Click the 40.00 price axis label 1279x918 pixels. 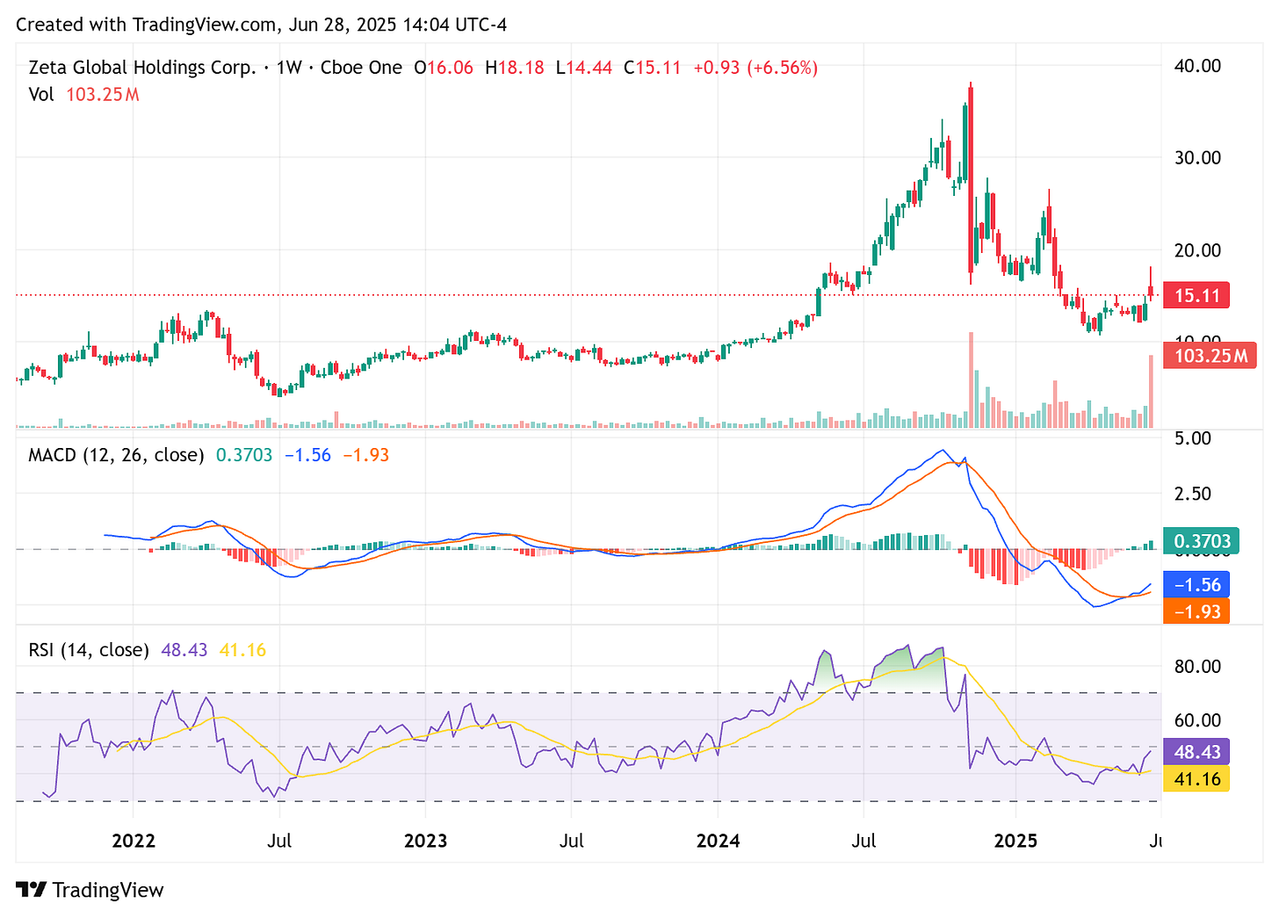[x=1198, y=66]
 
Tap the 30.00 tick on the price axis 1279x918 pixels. [x=1198, y=158]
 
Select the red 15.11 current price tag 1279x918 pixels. [x=1196, y=295]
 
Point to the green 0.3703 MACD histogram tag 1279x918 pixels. [x=1202, y=541]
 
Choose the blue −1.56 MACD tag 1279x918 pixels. [x=1196, y=585]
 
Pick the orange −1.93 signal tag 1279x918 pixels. [x=1196, y=611]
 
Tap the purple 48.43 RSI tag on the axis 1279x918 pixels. [x=1196, y=752]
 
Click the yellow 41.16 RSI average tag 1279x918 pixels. [x=1196, y=779]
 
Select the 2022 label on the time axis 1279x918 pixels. [x=134, y=842]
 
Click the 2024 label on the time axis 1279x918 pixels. [x=718, y=842]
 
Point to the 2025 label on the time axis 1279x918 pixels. [x=1015, y=842]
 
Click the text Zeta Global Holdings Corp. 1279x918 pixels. [x=142, y=68]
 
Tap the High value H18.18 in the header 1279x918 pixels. [x=515, y=68]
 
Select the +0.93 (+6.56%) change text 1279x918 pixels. [x=755, y=68]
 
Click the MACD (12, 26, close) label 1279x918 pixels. [x=116, y=455]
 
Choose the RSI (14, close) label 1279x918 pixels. [x=89, y=650]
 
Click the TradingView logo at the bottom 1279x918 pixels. [x=90, y=890]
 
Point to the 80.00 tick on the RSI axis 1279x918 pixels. [x=1198, y=667]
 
